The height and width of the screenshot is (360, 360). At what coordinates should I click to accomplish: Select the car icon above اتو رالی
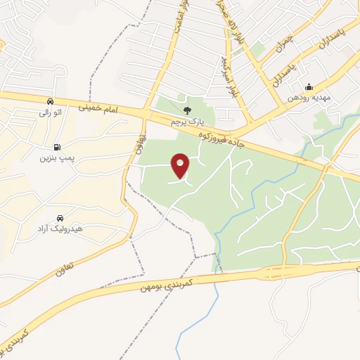pyautogui.click(x=50, y=101)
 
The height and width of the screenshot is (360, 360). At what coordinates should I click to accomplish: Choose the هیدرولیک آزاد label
pyautogui.click(x=59, y=229)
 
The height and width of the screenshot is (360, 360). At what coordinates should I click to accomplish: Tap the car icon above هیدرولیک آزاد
pyautogui.click(x=60, y=218)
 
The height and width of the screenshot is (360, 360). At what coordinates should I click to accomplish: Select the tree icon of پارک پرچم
pyautogui.click(x=187, y=110)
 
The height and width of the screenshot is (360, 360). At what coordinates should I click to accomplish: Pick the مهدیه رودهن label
pyautogui.click(x=307, y=99)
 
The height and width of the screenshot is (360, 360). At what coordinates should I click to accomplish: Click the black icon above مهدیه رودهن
pyautogui.click(x=309, y=88)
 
